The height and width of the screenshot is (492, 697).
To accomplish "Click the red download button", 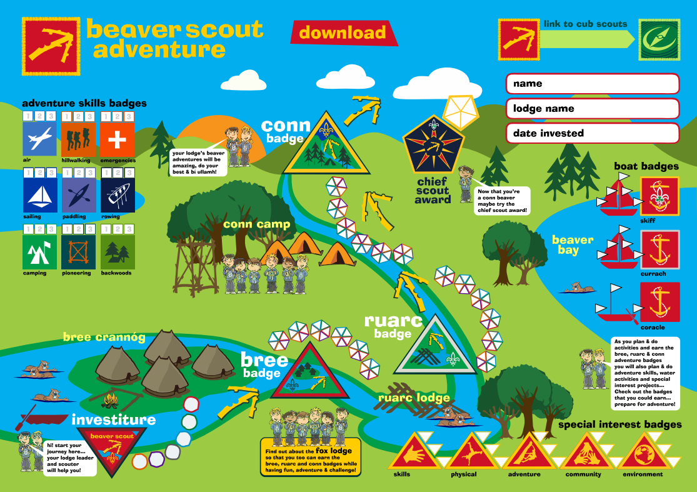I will (343, 33).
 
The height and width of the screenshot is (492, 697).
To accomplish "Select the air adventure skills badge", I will (39, 138).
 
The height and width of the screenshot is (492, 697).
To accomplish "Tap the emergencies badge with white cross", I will (118, 138).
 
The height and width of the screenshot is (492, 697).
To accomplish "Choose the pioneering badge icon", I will (78, 251).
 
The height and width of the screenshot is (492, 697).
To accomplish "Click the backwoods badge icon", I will (118, 251).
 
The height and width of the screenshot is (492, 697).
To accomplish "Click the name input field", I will (591, 84).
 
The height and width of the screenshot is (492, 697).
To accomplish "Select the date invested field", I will (591, 133).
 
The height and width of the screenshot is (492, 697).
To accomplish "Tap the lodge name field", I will (591, 109).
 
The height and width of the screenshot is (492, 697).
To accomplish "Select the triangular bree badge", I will (311, 373).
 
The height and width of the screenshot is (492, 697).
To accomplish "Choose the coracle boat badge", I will (659, 302).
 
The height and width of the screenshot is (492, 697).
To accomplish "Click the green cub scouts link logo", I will (658, 39).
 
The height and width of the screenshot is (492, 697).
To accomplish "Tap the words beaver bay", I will (572, 244).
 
